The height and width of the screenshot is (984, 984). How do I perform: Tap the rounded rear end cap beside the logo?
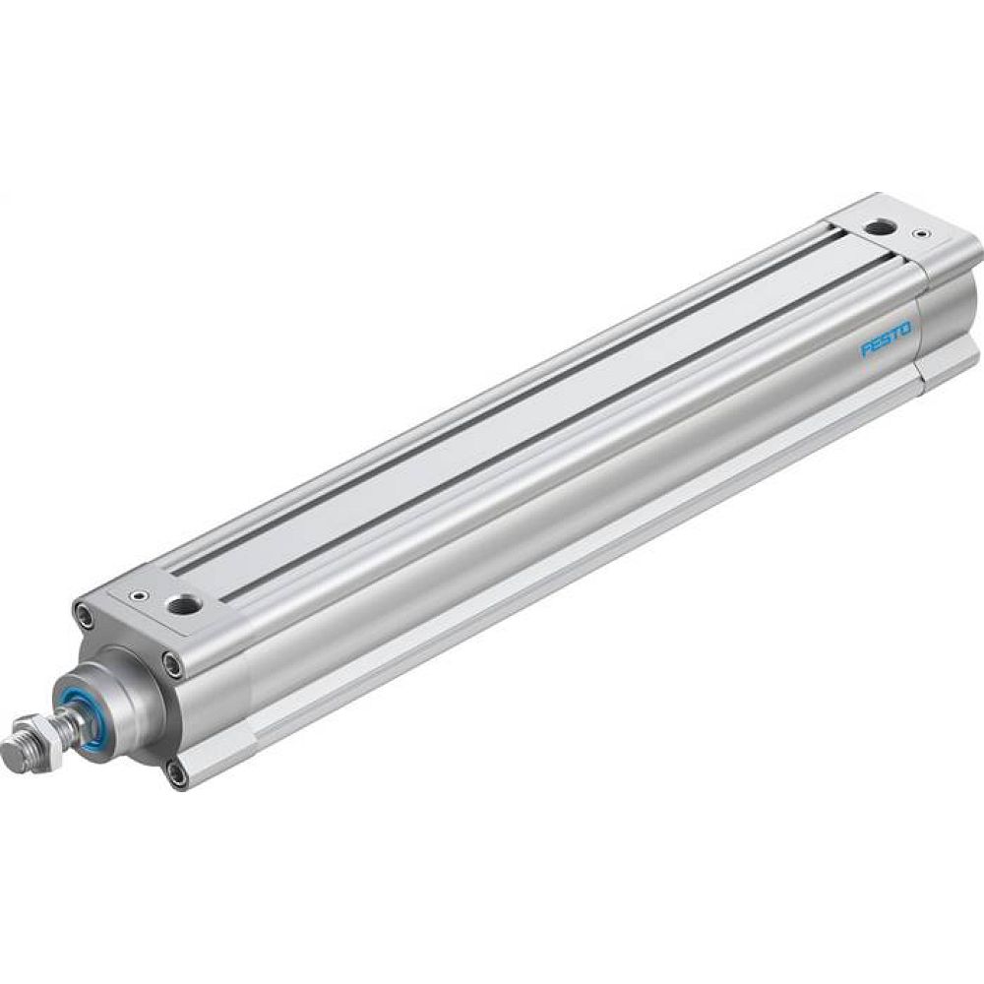click(945, 315)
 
